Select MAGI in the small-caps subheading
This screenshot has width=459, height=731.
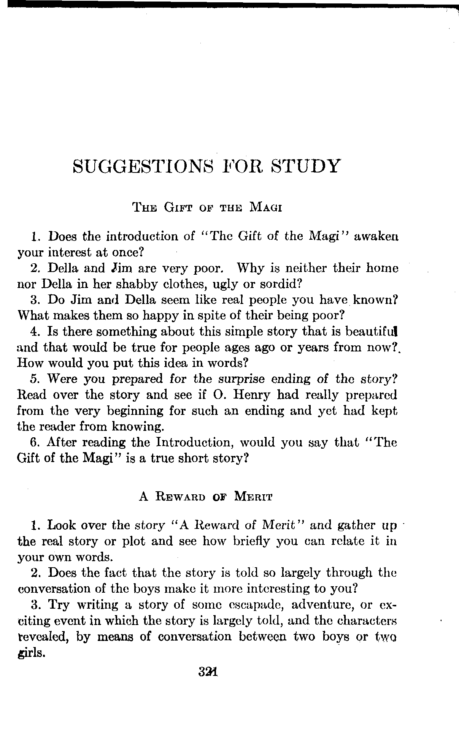pos(265,208)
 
